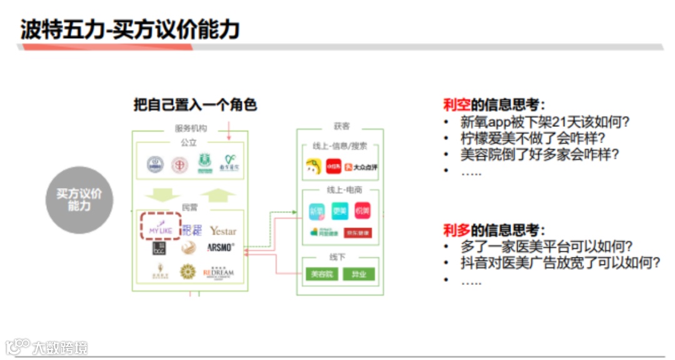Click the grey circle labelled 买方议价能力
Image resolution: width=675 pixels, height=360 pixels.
[79, 200]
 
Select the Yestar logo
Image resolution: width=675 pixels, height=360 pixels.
[223, 231]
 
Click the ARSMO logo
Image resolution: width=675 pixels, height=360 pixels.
[221, 247]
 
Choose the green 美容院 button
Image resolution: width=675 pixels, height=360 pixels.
[322, 274]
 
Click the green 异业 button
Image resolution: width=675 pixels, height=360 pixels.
[359, 274]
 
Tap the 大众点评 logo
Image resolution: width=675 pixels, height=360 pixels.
[365, 167]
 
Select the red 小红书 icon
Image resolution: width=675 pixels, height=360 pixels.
[334, 166]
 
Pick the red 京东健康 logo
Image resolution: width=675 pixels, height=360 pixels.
[357, 232]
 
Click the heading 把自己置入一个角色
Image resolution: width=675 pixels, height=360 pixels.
[195, 104]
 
